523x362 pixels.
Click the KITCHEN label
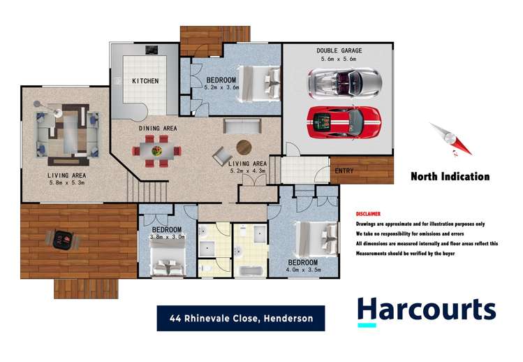click(145, 81)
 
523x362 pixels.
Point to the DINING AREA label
click(157, 129)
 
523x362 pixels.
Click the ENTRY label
click(344, 171)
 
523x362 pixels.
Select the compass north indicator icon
click(450, 138)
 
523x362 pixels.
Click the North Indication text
click(450, 177)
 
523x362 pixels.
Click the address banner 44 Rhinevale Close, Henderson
click(240, 319)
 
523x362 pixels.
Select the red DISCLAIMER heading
click(368, 213)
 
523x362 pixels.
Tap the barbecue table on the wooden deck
click(63, 240)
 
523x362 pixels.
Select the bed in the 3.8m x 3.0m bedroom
click(168, 265)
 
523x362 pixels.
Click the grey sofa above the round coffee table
click(242, 126)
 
